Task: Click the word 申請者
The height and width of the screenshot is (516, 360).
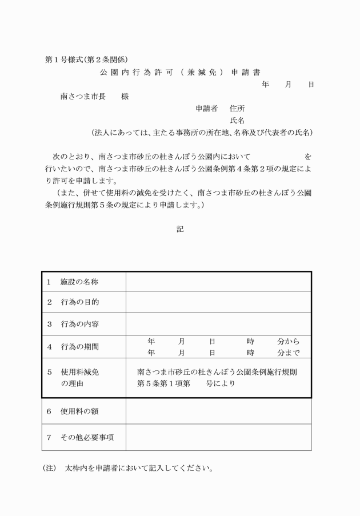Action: tap(207, 109)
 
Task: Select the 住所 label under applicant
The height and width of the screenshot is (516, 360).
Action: tap(238, 109)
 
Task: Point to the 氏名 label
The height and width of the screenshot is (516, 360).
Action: tap(238, 121)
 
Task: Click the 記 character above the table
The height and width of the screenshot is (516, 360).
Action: tap(180, 229)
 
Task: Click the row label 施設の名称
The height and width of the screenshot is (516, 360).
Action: tap(80, 282)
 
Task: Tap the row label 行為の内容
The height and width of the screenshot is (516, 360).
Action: tap(80, 325)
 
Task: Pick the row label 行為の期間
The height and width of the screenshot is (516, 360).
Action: tap(80, 347)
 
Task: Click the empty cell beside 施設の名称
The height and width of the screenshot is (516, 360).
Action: tap(218, 282)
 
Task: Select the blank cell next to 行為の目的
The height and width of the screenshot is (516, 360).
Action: tap(218, 302)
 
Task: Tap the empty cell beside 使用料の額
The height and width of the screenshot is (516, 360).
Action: tap(218, 411)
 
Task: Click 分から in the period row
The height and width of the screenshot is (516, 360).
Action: tap(289, 341)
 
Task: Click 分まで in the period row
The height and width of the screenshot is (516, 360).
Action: tap(289, 353)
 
